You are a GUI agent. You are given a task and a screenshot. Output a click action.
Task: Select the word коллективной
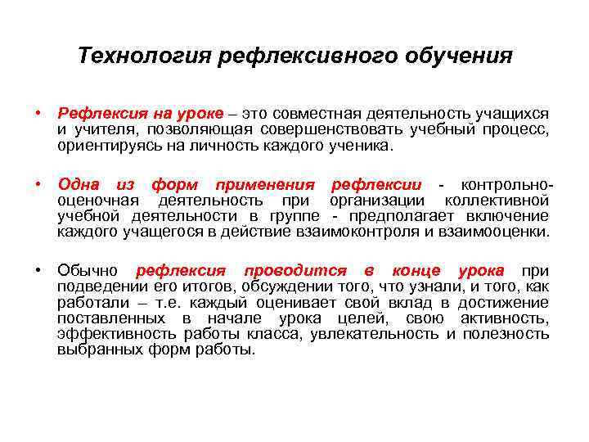coord(497,201)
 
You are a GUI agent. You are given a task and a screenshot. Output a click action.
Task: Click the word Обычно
coord(88,271)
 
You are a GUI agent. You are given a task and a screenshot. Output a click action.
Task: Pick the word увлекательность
coord(384,333)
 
